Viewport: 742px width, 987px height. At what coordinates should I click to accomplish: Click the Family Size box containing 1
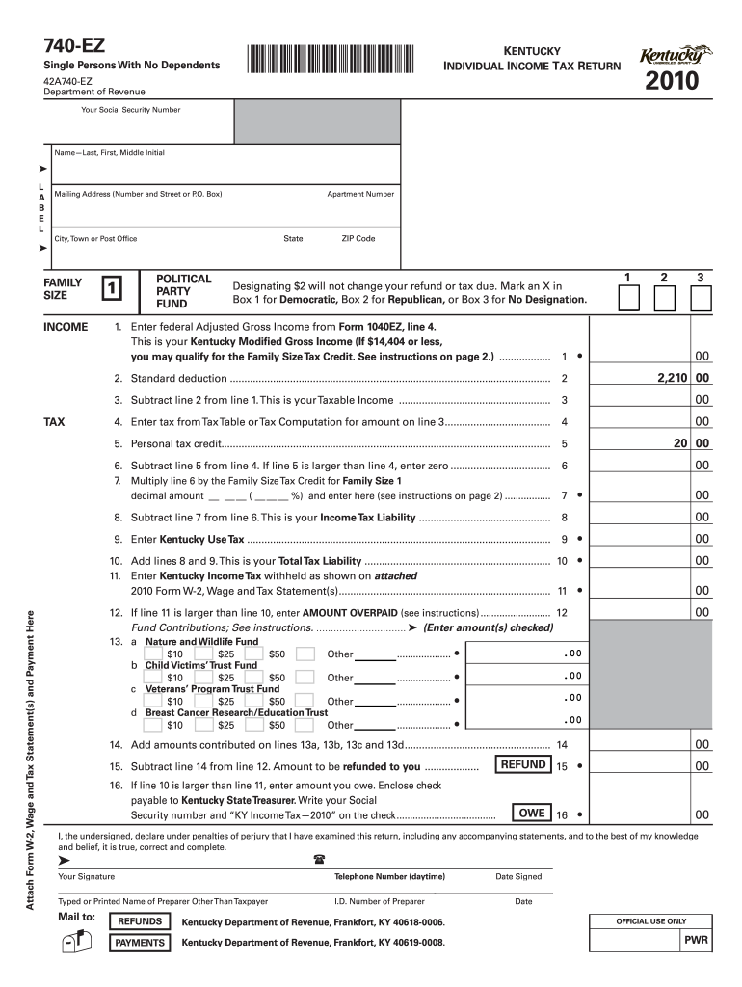[x=113, y=287]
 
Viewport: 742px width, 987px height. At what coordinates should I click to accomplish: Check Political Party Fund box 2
[x=663, y=298]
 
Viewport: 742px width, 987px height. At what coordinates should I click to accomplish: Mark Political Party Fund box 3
[x=701, y=298]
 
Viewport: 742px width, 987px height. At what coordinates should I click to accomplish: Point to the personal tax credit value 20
[x=681, y=443]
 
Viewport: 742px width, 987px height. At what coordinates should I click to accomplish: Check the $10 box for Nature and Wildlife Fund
[x=152, y=654]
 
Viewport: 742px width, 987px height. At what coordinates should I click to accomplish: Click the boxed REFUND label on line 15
[x=523, y=765]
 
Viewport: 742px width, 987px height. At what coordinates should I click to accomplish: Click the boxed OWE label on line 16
[x=532, y=813]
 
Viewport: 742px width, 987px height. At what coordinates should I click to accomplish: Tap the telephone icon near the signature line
[x=319, y=858]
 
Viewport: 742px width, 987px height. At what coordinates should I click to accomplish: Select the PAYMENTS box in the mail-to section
[x=139, y=943]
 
